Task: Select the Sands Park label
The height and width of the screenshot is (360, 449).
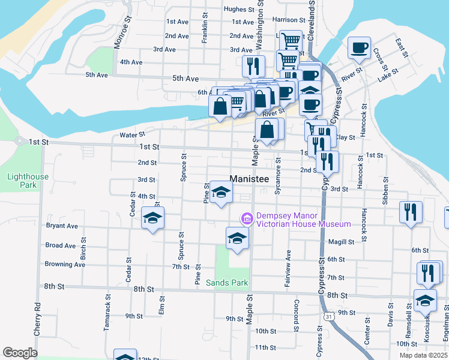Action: point(227,283)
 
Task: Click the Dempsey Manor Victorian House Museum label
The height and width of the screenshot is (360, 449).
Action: point(303,220)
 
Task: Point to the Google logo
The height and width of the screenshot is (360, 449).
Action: point(20,353)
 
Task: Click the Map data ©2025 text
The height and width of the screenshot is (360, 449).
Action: point(424,355)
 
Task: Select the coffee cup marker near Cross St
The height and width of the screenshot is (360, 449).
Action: point(359,48)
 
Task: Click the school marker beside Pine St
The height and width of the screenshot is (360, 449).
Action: point(221,193)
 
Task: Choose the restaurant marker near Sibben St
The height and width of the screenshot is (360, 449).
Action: point(411,212)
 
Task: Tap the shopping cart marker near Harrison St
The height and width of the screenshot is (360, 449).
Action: point(291,41)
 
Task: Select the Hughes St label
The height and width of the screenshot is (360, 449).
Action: point(239,9)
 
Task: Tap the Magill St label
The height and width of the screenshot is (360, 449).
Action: point(341,242)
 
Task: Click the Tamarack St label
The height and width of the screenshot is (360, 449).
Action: point(108,306)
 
